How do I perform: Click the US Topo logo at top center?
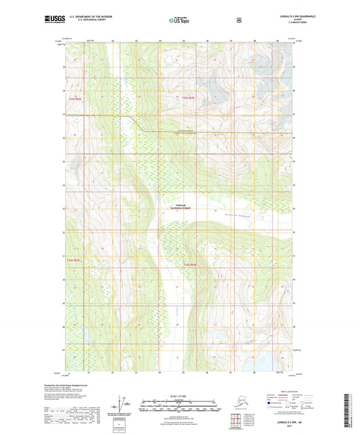[x=179, y=20]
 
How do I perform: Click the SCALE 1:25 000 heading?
[x=180, y=395]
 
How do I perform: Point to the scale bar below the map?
[x=180, y=407]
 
